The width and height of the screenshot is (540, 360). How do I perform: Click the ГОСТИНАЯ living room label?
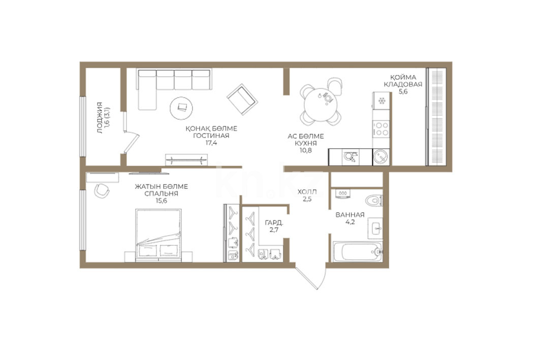(211, 136)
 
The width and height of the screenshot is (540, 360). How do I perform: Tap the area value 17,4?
(211, 143)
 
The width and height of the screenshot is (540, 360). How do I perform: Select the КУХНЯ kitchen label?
(306, 143)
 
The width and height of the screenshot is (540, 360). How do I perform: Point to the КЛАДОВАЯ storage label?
(403, 84)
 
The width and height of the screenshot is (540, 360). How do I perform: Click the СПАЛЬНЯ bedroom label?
(161, 194)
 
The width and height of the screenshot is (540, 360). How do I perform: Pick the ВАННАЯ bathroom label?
(350, 215)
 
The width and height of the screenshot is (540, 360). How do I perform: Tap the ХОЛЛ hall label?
(307, 192)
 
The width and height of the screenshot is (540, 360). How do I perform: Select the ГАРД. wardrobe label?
(274, 223)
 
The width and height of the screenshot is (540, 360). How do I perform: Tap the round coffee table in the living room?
(181, 107)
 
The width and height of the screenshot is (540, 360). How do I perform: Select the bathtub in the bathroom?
(358, 251)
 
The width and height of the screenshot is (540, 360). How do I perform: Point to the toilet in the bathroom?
(374, 200)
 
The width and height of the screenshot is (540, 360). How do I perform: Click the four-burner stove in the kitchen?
(381, 128)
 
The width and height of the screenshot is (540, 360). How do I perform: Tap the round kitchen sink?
(381, 157)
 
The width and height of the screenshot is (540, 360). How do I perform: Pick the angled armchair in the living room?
(242, 100)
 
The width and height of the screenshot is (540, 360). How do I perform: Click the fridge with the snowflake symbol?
(381, 101)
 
